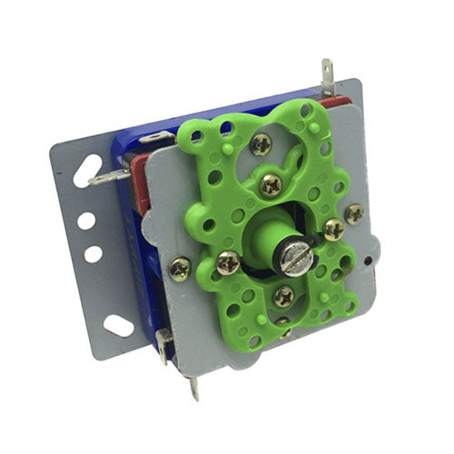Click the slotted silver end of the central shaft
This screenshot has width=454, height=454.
click(x=297, y=261)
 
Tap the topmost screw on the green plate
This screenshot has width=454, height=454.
click(x=262, y=143)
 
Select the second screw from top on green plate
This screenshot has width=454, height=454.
click(x=271, y=184)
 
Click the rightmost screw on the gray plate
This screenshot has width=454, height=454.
click(x=353, y=213)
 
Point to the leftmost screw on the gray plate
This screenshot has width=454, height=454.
click(x=180, y=268)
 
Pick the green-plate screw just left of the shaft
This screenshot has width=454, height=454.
click(x=228, y=263)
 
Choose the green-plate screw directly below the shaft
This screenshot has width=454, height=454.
click(x=284, y=295)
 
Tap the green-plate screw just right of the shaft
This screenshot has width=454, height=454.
click(x=333, y=230)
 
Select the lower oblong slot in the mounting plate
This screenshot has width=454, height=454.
click(x=119, y=324)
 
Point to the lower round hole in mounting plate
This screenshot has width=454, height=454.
click(x=94, y=254)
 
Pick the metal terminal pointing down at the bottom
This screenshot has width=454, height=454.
click(x=194, y=388)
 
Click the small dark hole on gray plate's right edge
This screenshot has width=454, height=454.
click(x=366, y=258)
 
